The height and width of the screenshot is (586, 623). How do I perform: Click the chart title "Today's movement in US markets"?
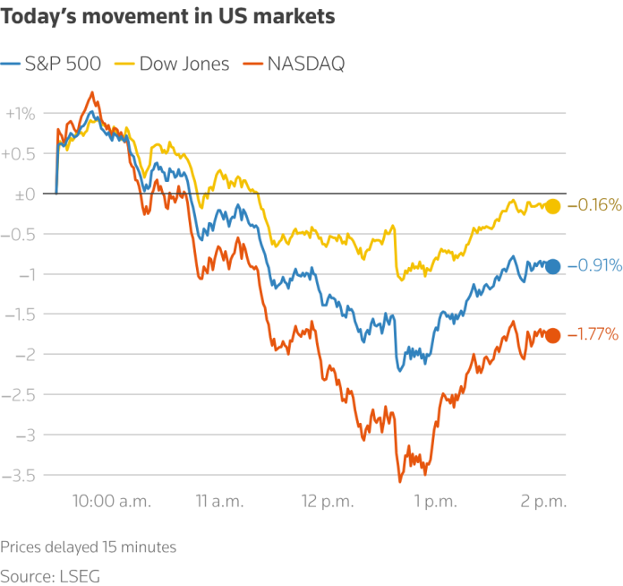pyautogui.click(x=167, y=17)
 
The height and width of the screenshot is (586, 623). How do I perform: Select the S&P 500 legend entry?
pyautogui.click(x=50, y=64)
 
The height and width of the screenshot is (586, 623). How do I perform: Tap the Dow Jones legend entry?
pyautogui.click(x=172, y=64)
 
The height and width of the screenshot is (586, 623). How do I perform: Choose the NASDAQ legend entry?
pyautogui.click(x=294, y=64)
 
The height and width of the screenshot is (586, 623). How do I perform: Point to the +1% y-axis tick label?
pyautogui.click(x=21, y=114)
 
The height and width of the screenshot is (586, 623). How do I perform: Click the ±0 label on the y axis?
pyautogui.click(x=25, y=194)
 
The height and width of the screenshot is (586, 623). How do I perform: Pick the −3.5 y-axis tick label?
pyautogui.click(x=18, y=476)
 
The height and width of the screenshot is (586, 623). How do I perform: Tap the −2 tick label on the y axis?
pyautogui.click(x=25, y=355)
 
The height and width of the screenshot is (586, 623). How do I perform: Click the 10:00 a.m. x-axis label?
pyautogui.click(x=112, y=501)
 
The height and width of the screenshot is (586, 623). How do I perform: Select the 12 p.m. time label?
pyautogui.click(x=328, y=502)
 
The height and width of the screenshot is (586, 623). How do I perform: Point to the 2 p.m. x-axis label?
pyautogui.click(x=543, y=502)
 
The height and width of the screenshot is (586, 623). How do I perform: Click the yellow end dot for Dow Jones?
pyautogui.click(x=552, y=206)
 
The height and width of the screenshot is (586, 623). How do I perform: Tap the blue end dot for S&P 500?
pyautogui.click(x=552, y=266)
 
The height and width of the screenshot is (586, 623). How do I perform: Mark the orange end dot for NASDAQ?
pyautogui.click(x=552, y=335)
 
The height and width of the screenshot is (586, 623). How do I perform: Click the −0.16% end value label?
pyautogui.click(x=594, y=205)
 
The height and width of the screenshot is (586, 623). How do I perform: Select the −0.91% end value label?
pyautogui.click(x=594, y=265)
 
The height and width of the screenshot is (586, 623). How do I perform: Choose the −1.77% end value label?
pyautogui.click(x=593, y=334)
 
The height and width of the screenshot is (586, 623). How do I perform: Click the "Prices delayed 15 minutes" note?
pyautogui.click(x=89, y=547)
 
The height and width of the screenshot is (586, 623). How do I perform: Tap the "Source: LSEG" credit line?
pyautogui.click(x=50, y=576)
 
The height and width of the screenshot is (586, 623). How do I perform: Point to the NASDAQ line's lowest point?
pyautogui.click(x=400, y=482)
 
